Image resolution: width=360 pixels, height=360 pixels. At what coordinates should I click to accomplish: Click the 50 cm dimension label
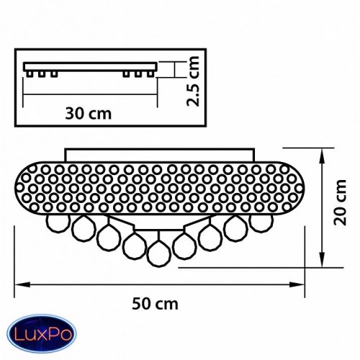155,304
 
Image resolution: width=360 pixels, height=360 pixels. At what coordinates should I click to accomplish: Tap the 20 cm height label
340,202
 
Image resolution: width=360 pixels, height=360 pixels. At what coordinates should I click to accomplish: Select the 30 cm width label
89,113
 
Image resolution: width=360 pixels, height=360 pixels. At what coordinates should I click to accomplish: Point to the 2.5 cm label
193,81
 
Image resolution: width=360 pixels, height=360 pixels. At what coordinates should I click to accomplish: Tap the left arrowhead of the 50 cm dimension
22,284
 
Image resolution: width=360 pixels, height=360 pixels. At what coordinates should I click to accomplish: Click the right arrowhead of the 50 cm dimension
297,284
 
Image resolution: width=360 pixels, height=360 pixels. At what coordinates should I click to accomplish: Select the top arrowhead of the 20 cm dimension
323,156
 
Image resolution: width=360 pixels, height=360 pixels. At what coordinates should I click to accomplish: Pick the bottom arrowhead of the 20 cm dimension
323,259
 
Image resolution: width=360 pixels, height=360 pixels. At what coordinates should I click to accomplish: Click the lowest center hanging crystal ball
159,253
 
